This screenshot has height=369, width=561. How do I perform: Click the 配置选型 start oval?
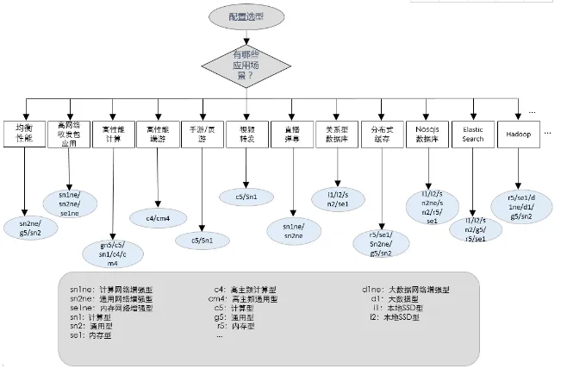point(248,16)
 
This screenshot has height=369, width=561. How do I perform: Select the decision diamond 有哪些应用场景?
point(248,66)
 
